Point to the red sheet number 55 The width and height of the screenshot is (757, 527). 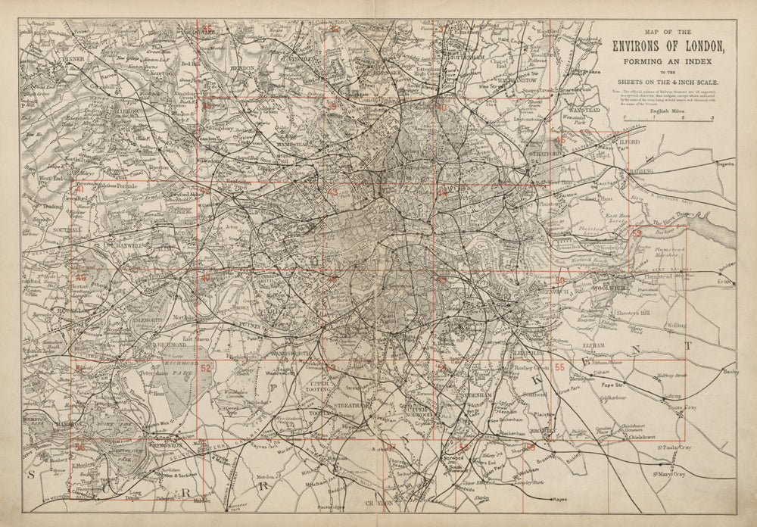click(560, 368)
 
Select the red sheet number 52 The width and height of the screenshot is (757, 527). click(205, 368)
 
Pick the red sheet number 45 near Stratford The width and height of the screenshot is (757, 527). click(560, 139)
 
